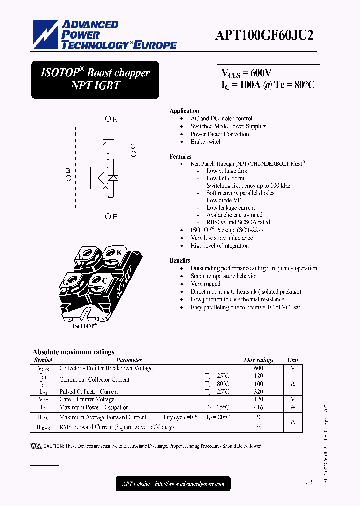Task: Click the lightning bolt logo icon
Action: (46, 34)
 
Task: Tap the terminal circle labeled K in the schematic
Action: (108, 119)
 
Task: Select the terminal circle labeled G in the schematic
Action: (68, 177)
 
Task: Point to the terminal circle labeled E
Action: (108, 216)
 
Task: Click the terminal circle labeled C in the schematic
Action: (133, 154)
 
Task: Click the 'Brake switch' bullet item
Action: (206, 142)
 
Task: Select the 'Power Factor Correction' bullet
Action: (220, 134)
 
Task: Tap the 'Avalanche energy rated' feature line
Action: (234, 215)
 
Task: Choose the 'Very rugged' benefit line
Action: (205, 284)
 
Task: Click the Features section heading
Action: (181, 157)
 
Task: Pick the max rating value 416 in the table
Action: (258, 407)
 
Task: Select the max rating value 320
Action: (258, 392)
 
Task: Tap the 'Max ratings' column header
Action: (258, 360)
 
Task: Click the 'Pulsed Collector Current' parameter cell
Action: (89, 392)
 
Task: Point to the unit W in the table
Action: (293, 407)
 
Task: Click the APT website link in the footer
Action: (173, 483)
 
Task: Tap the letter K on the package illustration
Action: (119, 252)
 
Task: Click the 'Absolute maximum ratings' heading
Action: (74, 352)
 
